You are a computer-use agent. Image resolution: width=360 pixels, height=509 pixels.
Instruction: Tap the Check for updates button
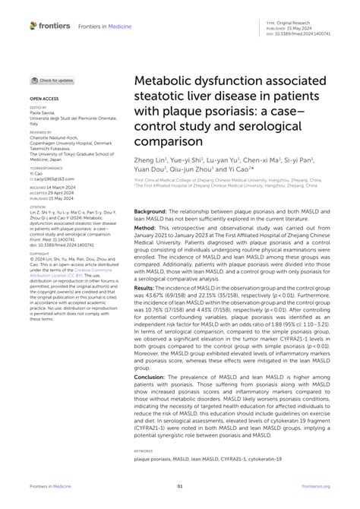click(52, 80)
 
